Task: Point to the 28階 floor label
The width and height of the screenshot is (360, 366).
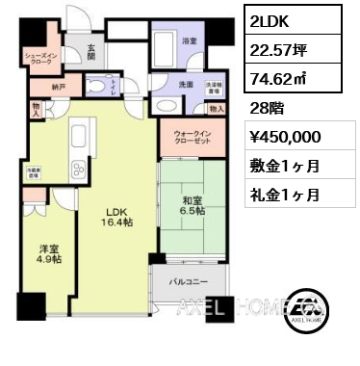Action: point(261,110)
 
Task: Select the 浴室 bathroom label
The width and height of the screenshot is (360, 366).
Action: point(190,41)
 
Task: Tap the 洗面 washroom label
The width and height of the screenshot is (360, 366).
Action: point(186,85)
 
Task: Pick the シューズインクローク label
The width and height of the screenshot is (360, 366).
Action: point(41,60)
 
